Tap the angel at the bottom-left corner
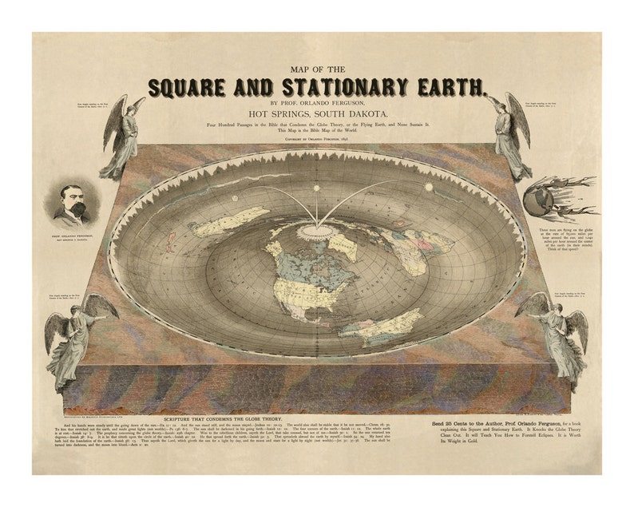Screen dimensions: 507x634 tap(77, 335)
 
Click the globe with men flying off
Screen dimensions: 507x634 tap(543, 200)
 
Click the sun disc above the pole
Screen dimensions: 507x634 tap(316, 188)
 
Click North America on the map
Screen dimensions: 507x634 tap(307, 271)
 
